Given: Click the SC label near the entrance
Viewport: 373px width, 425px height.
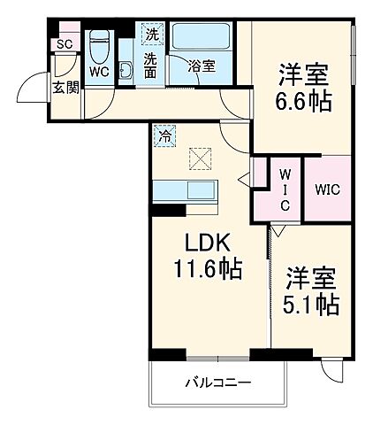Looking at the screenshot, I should coord(65,44).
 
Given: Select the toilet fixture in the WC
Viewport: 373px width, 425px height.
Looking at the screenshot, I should coord(99,44).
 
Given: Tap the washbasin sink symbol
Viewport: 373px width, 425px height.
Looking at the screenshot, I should coord(126,72).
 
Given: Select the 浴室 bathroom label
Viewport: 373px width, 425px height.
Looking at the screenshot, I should coord(202,64).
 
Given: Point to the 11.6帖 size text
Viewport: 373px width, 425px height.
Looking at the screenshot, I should coord(209,266).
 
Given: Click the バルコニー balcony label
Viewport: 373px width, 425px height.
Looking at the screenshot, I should coord(217,383).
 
